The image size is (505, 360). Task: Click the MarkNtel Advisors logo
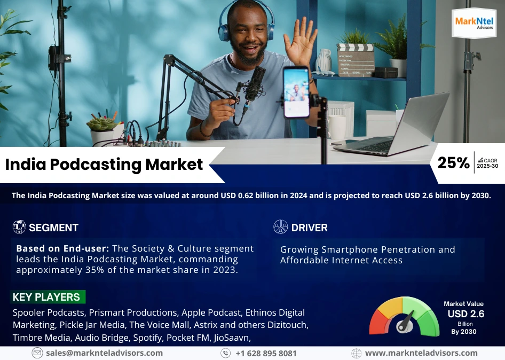point(474,23)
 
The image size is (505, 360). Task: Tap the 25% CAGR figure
point(453,163)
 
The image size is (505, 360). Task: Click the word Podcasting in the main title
point(96,165)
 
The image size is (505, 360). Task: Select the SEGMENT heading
point(53,228)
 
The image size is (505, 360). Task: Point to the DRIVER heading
point(309,228)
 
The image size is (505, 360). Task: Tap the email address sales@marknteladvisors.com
point(104,353)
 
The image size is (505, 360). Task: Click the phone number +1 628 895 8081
point(266,353)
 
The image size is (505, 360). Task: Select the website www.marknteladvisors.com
point(421,353)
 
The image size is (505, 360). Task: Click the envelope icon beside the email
point(37,353)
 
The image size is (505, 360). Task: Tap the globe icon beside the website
point(356,353)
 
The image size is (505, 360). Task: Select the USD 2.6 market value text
point(465,314)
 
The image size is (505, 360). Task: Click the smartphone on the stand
point(296,92)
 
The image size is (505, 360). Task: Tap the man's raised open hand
point(300,41)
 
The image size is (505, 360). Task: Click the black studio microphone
point(255,84)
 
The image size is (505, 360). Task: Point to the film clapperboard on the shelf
point(356,60)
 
